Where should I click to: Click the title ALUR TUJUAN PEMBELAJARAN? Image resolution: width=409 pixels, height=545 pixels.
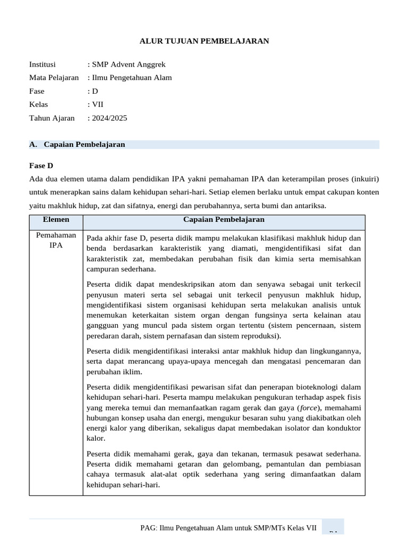coord(204,40)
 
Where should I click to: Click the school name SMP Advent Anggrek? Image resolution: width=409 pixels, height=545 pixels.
coord(129,64)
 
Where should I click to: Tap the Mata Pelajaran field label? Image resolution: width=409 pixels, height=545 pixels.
coord(54,78)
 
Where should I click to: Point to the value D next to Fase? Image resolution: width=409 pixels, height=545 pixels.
coord(95,91)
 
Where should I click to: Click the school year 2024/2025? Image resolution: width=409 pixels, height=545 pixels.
coord(109,118)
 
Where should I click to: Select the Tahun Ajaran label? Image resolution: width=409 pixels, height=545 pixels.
coord(52,118)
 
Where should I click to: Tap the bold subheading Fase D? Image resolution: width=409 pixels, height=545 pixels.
coord(41,166)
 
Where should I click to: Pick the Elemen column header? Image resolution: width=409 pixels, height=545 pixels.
coord(56,219)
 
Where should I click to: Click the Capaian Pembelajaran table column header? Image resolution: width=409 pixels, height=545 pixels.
coord(224,219)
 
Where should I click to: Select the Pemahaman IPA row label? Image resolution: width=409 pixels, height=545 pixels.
coord(56,240)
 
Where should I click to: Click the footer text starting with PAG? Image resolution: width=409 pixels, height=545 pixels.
coord(228,527)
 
